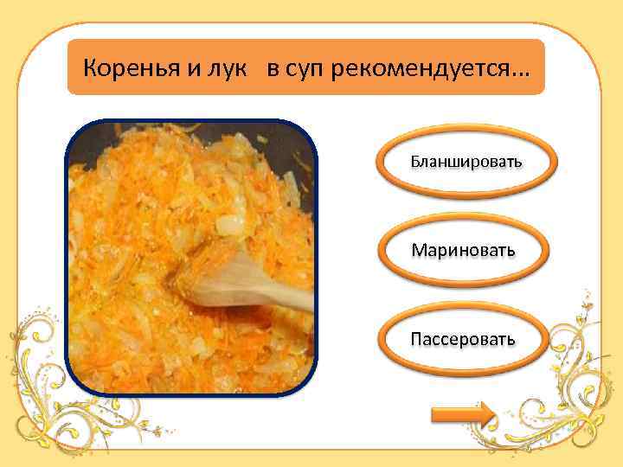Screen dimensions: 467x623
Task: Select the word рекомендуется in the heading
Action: click(x=424, y=67)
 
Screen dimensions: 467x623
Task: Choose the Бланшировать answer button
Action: click(x=466, y=162)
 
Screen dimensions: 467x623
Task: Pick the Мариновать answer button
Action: click(x=464, y=250)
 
